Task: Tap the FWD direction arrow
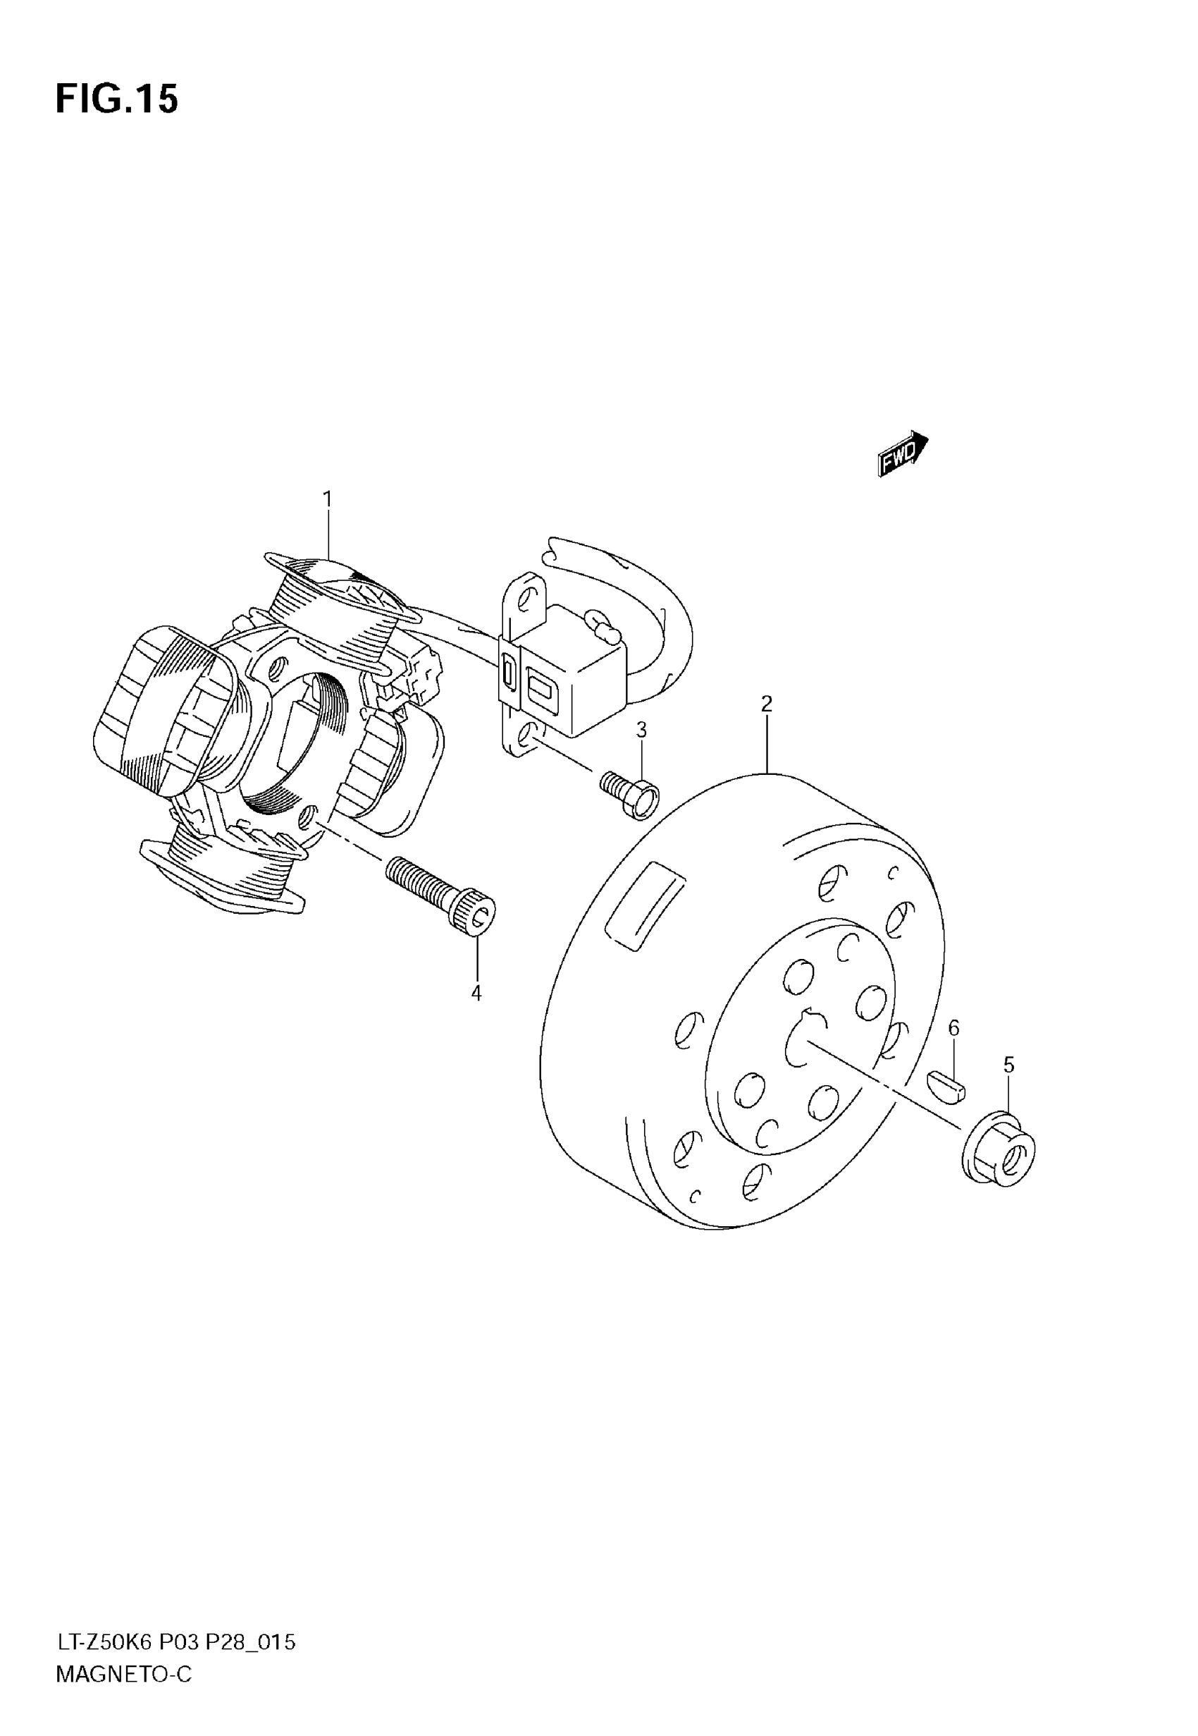[903, 453]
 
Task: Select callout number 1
[327, 499]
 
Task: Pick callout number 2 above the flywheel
[767, 704]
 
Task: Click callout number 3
[642, 729]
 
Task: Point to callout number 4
[476, 993]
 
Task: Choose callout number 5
[1009, 1065]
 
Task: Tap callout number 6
[954, 1028]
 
